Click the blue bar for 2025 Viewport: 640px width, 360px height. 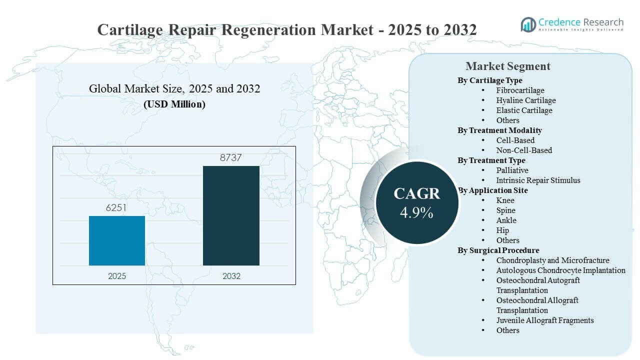pos(117,240)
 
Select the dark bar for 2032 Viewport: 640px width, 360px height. pos(231,215)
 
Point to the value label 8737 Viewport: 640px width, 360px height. pos(231,157)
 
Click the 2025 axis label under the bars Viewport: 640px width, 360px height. pos(117,276)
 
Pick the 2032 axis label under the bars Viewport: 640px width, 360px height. pos(231,276)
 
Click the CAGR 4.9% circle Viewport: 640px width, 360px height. pos(416,202)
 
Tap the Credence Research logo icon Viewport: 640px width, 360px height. pos(528,24)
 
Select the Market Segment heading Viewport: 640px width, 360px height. pos(507,66)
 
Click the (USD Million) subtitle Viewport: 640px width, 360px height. pos(174,104)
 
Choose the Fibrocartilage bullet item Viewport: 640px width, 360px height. pos(520,90)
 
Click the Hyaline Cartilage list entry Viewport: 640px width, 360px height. pos(526,100)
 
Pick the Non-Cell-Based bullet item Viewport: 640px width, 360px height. pos(524,150)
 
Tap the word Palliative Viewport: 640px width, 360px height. pos(512,170)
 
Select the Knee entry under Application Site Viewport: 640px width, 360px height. pos(505,200)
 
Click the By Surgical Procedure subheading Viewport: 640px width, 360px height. pos(498,250)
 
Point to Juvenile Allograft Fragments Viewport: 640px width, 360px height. pos(545,320)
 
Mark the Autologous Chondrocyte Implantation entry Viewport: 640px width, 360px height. pos(560,270)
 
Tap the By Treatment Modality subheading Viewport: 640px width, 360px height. pos(499,130)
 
